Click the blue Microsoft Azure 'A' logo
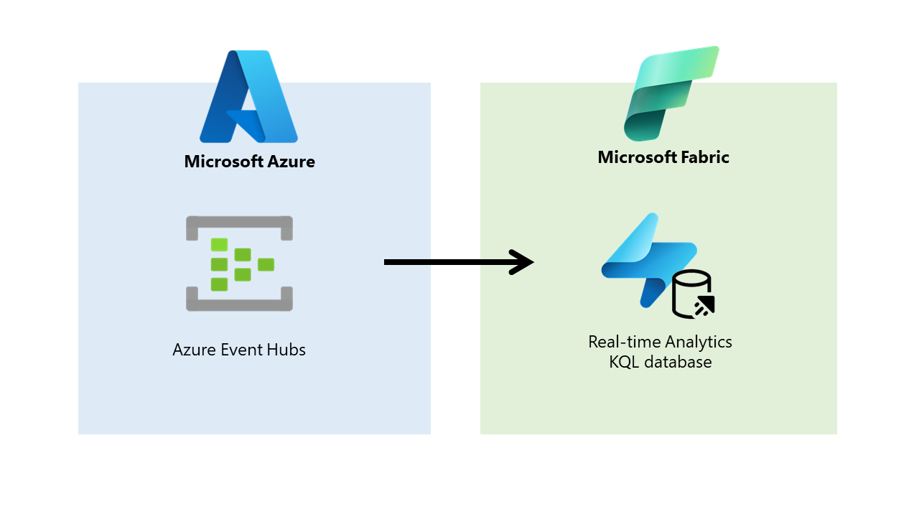click(248, 97)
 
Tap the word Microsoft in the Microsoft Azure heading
click(223, 162)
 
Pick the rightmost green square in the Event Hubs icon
click(266, 264)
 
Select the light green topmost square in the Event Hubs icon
click(219, 245)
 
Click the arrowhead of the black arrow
click(523, 262)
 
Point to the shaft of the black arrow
click(445, 262)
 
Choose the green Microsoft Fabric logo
click(670, 93)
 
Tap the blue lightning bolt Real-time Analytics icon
click(643, 258)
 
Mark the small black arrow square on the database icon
click(705, 307)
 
